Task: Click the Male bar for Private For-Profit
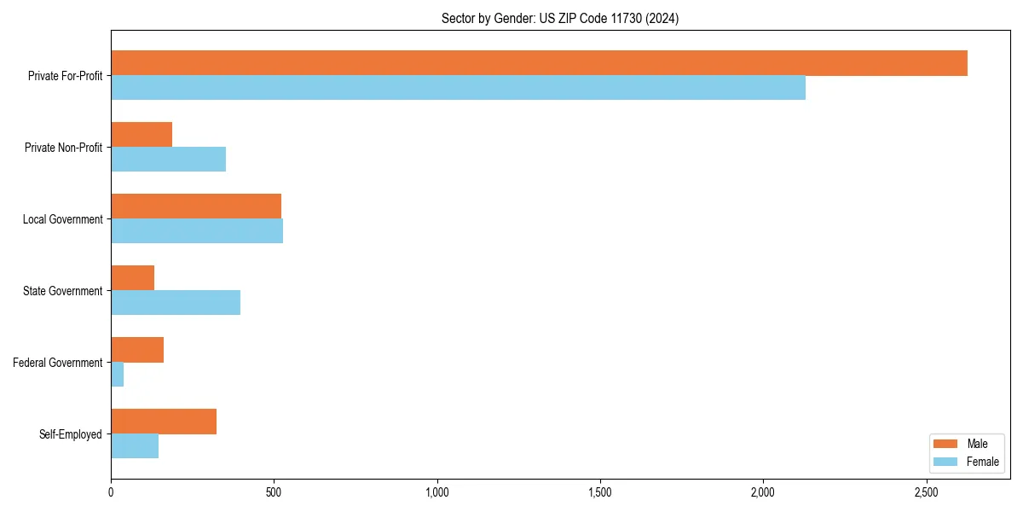539,63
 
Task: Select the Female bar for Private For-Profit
458,88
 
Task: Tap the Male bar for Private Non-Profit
142,135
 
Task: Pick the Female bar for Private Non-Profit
168,160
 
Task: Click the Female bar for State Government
176,303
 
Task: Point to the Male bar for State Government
132,278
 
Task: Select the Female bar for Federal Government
118,375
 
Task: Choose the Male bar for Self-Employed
164,422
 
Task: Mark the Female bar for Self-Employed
135,446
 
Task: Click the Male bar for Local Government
196,207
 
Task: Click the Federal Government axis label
58,363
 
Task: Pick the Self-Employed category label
71,434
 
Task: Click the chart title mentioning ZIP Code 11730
560,18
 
